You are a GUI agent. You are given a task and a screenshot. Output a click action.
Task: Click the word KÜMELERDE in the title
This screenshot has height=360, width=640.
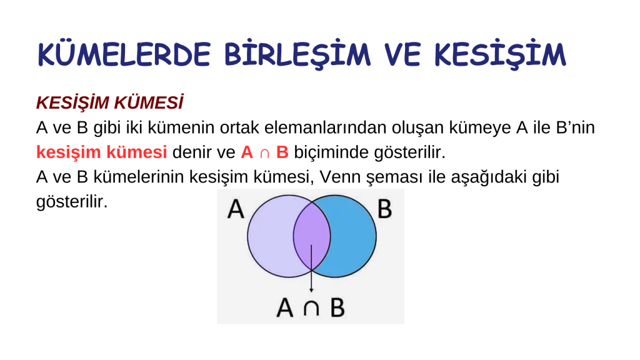tap(124, 55)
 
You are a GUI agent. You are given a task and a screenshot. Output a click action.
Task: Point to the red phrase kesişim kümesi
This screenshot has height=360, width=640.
tap(101, 152)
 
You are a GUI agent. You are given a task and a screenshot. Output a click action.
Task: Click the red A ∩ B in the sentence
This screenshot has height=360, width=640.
tap(264, 152)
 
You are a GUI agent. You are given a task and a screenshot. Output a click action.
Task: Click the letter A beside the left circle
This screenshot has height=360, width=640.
tap(236, 209)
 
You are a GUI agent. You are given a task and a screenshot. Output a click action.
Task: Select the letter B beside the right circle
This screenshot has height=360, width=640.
tap(385, 209)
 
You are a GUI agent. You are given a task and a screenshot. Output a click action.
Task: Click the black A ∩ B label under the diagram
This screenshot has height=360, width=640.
tap(311, 308)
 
